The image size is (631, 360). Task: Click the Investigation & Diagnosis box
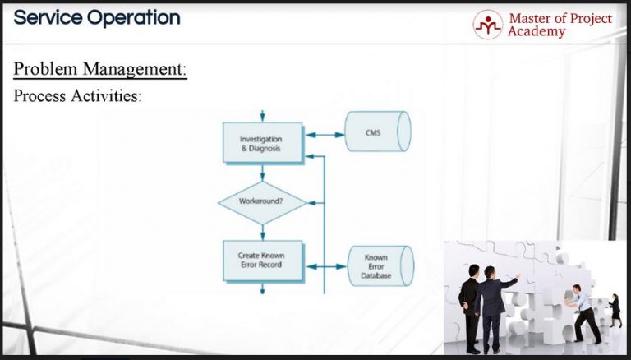tap(262, 144)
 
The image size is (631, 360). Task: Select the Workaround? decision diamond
tap(262, 201)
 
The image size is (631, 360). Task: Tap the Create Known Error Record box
tap(262, 260)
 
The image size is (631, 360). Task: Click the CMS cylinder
tap(376, 132)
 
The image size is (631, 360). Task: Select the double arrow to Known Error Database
tap(325, 266)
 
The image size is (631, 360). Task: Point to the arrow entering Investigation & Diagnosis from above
tap(262, 117)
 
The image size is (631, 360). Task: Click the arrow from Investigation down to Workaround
tap(262, 173)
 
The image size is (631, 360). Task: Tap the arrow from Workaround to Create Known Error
tap(262, 232)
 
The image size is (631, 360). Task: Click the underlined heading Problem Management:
tap(100, 69)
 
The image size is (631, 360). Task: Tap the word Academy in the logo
tap(536, 33)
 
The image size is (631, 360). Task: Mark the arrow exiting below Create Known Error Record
tap(262, 288)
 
